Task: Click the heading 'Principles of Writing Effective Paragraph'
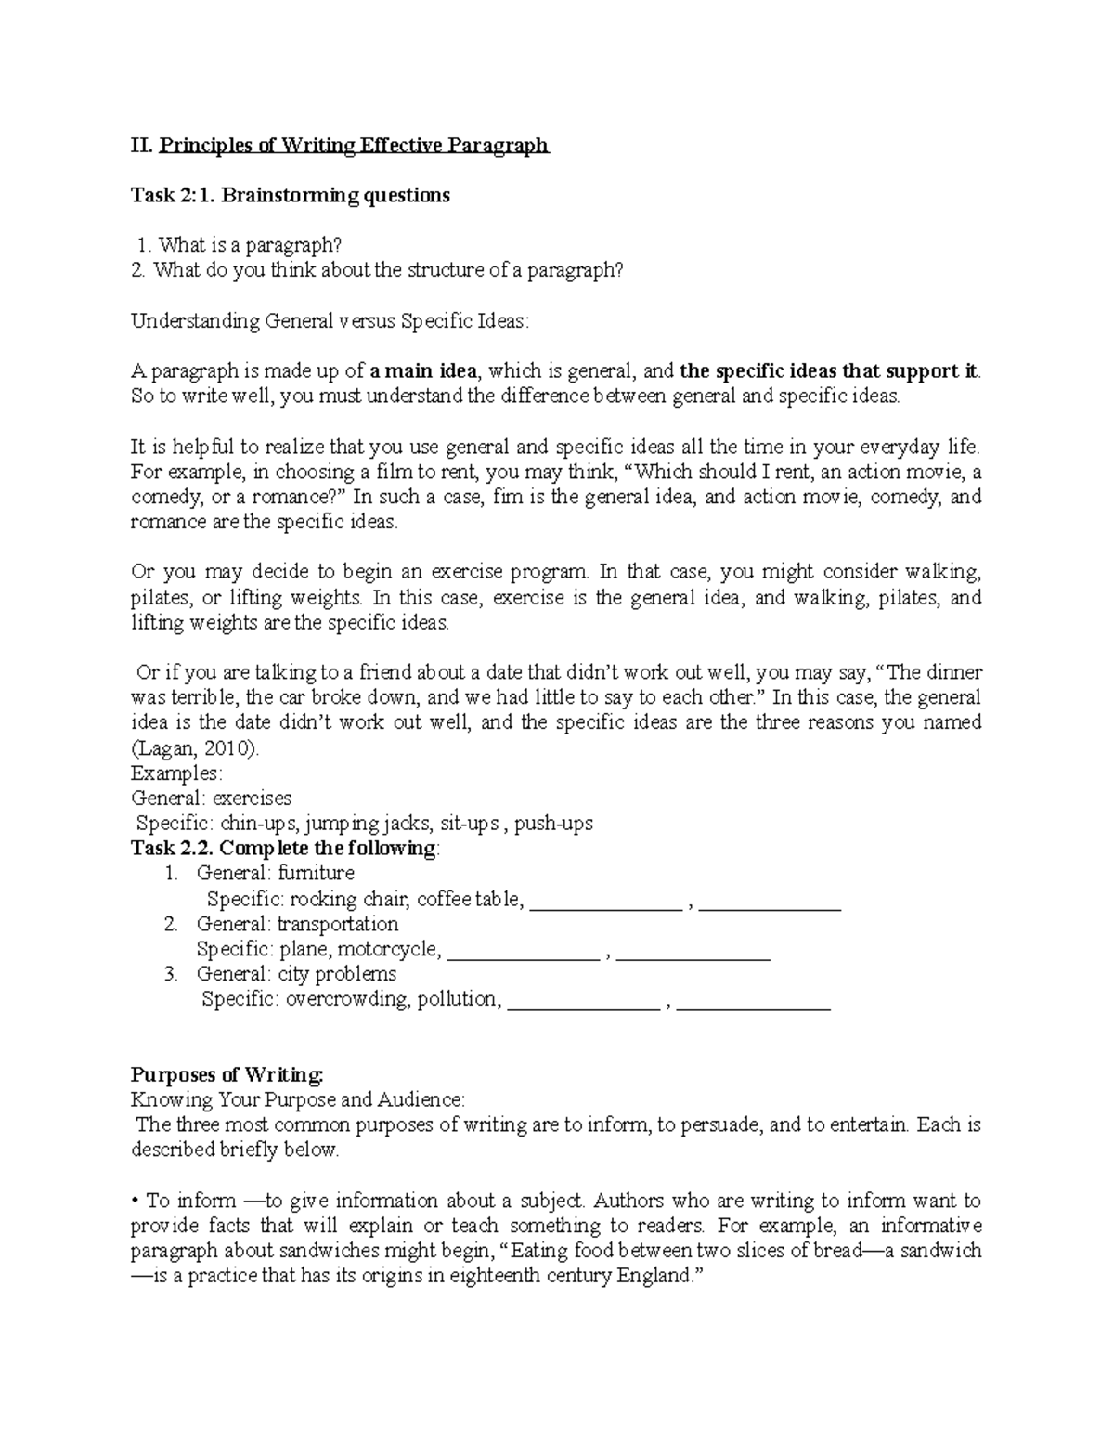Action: [355, 146]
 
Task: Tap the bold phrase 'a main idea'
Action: [423, 371]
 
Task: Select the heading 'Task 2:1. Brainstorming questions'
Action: [291, 196]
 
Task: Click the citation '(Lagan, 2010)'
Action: [196, 747]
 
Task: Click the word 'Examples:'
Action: [176, 773]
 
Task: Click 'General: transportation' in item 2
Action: [297, 924]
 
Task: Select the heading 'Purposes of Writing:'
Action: [227, 1075]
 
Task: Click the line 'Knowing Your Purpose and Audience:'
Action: [298, 1100]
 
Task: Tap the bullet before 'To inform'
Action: [135, 1202]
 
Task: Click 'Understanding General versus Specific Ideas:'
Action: [330, 321]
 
